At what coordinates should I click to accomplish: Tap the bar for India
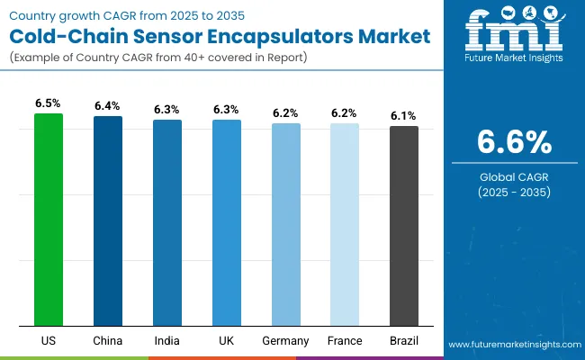166,222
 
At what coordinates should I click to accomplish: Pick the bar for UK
226,222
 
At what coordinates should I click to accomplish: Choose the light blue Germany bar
285,224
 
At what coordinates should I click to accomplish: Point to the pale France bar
345,224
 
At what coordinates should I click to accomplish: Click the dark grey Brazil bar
404,226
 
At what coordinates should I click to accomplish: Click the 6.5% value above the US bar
49,103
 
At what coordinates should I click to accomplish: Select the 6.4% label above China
108,106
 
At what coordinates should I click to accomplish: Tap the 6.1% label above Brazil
404,116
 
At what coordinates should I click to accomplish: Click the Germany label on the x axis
285,341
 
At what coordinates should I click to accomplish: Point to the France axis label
345,341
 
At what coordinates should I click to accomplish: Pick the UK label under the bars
226,341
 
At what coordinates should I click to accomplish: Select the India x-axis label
166,341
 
